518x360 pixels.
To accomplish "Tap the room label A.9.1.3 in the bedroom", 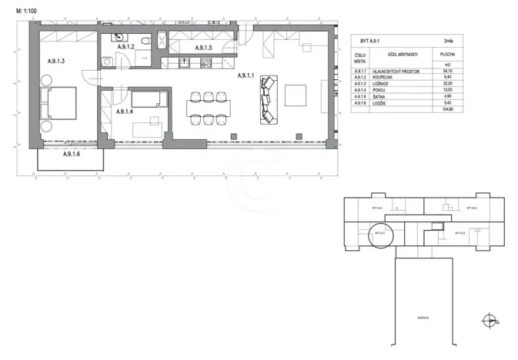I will tap(52, 59).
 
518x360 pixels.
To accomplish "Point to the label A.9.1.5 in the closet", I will tap(203, 48).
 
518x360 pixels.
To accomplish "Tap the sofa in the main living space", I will tap(268, 99).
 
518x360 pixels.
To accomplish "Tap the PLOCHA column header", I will tap(446, 55).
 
